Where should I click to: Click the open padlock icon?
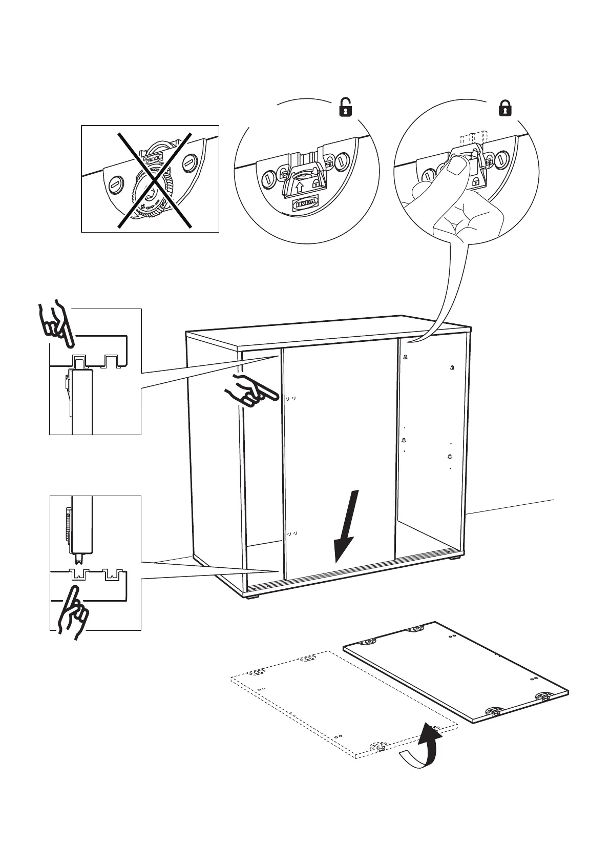click(x=345, y=108)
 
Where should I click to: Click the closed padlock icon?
click(x=505, y=108)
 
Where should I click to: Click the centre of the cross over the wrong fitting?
click(x=154, y=179)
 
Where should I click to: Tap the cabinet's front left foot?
click(x=251, y=596)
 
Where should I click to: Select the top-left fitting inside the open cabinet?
click(x=405, y=358)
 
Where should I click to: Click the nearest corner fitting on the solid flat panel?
click(x=494, y=711)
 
